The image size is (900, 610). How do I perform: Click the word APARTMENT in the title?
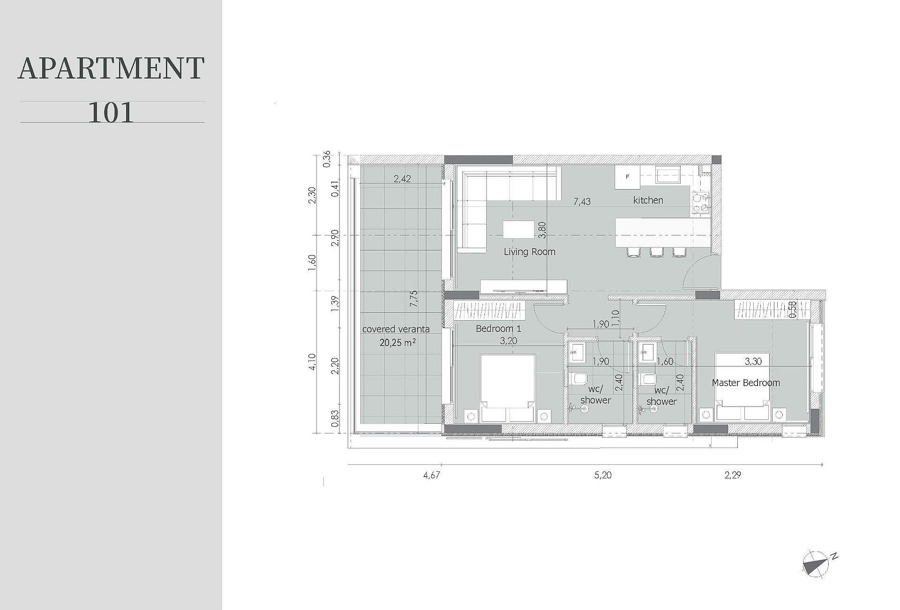click(x=111, y=68)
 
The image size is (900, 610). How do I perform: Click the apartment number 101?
click(x=111, y=112)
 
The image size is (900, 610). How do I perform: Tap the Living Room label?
click(x=530, y=252)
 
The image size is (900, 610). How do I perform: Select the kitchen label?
click(x=648, y=200)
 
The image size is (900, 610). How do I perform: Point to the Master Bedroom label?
click(x=746, y=383)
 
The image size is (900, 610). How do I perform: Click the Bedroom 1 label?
click(x=498, y=328)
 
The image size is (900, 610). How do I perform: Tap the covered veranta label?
click(x=396, y=329)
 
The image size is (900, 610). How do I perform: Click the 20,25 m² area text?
click(x=398, y=342)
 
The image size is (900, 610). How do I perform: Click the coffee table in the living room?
click(x=518, y=230)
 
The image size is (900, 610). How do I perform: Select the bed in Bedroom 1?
click(x=508, y=388)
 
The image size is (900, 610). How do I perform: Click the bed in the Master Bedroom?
click(x=742, y=387)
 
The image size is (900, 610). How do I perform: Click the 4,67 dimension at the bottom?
click(x=431, y=475)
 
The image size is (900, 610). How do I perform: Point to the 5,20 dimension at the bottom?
click(x=603, y=475)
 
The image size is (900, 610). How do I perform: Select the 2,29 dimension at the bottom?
click(x=733, y=475)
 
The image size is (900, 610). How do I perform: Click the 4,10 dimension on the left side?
click(x=313, y=362)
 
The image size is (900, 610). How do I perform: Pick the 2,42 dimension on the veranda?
click(x=402, y=179)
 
